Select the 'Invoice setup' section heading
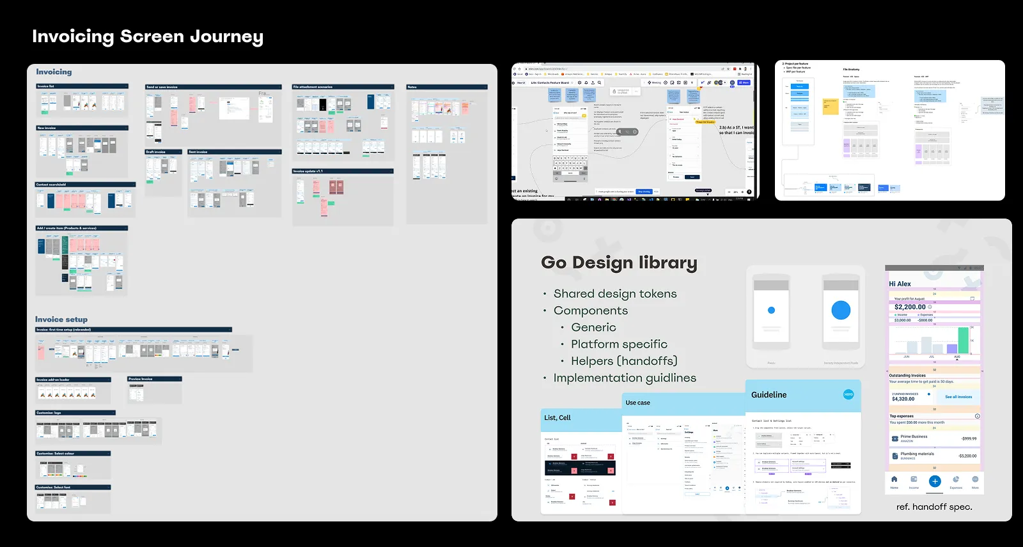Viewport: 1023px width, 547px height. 61,320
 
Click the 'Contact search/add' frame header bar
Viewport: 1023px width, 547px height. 85,185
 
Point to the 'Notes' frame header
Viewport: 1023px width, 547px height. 447,87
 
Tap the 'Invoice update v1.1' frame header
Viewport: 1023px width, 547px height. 343,171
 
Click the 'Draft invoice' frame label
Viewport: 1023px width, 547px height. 162,152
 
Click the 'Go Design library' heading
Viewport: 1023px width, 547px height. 619,263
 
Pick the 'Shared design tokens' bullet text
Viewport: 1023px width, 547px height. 615,294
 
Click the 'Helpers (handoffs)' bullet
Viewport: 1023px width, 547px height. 624,361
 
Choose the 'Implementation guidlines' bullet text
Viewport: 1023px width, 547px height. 625,378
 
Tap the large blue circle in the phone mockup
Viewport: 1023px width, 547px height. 841,310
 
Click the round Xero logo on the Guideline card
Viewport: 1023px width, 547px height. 848,394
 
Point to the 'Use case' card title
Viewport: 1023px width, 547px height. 637,403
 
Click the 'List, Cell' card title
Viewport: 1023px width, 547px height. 558,418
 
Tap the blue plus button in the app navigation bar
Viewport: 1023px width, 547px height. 935,481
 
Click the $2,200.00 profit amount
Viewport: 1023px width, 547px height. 910,307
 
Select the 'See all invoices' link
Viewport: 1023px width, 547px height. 958,397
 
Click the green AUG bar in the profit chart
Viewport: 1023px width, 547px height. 957,346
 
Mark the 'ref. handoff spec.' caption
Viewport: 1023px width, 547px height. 934,507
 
